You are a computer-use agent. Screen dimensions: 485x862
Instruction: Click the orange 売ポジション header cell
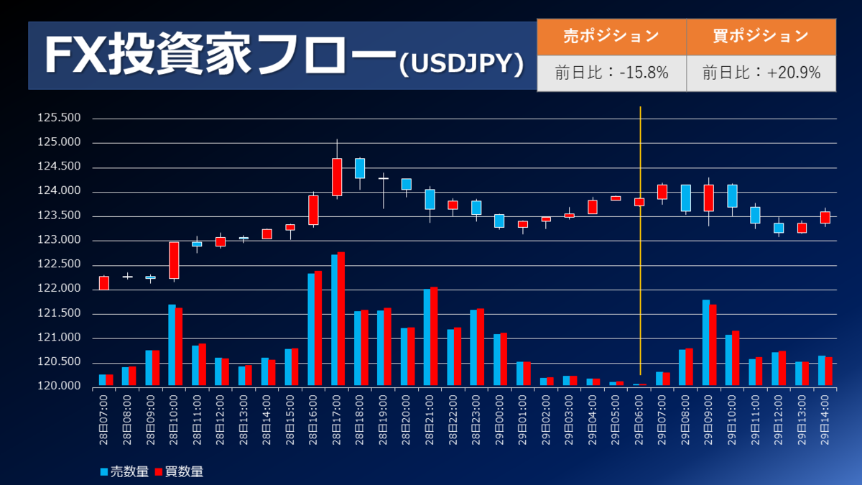coord(611,37)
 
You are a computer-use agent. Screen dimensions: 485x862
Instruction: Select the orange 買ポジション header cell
coord(761,37)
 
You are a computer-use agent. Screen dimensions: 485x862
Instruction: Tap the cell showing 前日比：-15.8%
coord(611,73)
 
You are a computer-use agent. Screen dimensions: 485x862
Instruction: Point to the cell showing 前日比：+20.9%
coord(761,73)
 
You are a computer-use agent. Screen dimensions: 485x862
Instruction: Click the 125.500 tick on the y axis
coord(60,119)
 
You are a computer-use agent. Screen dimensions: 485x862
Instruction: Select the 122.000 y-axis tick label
coord(60,290)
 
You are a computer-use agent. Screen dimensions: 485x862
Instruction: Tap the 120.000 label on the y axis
coord(60,387)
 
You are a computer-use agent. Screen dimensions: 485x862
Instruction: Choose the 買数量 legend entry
coord(179,472)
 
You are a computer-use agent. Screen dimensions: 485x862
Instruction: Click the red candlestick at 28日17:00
coord(337,177)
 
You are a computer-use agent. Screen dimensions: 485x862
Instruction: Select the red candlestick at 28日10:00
coord(174,260)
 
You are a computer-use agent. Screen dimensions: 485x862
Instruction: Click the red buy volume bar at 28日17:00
coord(341,319)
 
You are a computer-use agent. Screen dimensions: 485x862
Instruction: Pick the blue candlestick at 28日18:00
coord(360,168)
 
